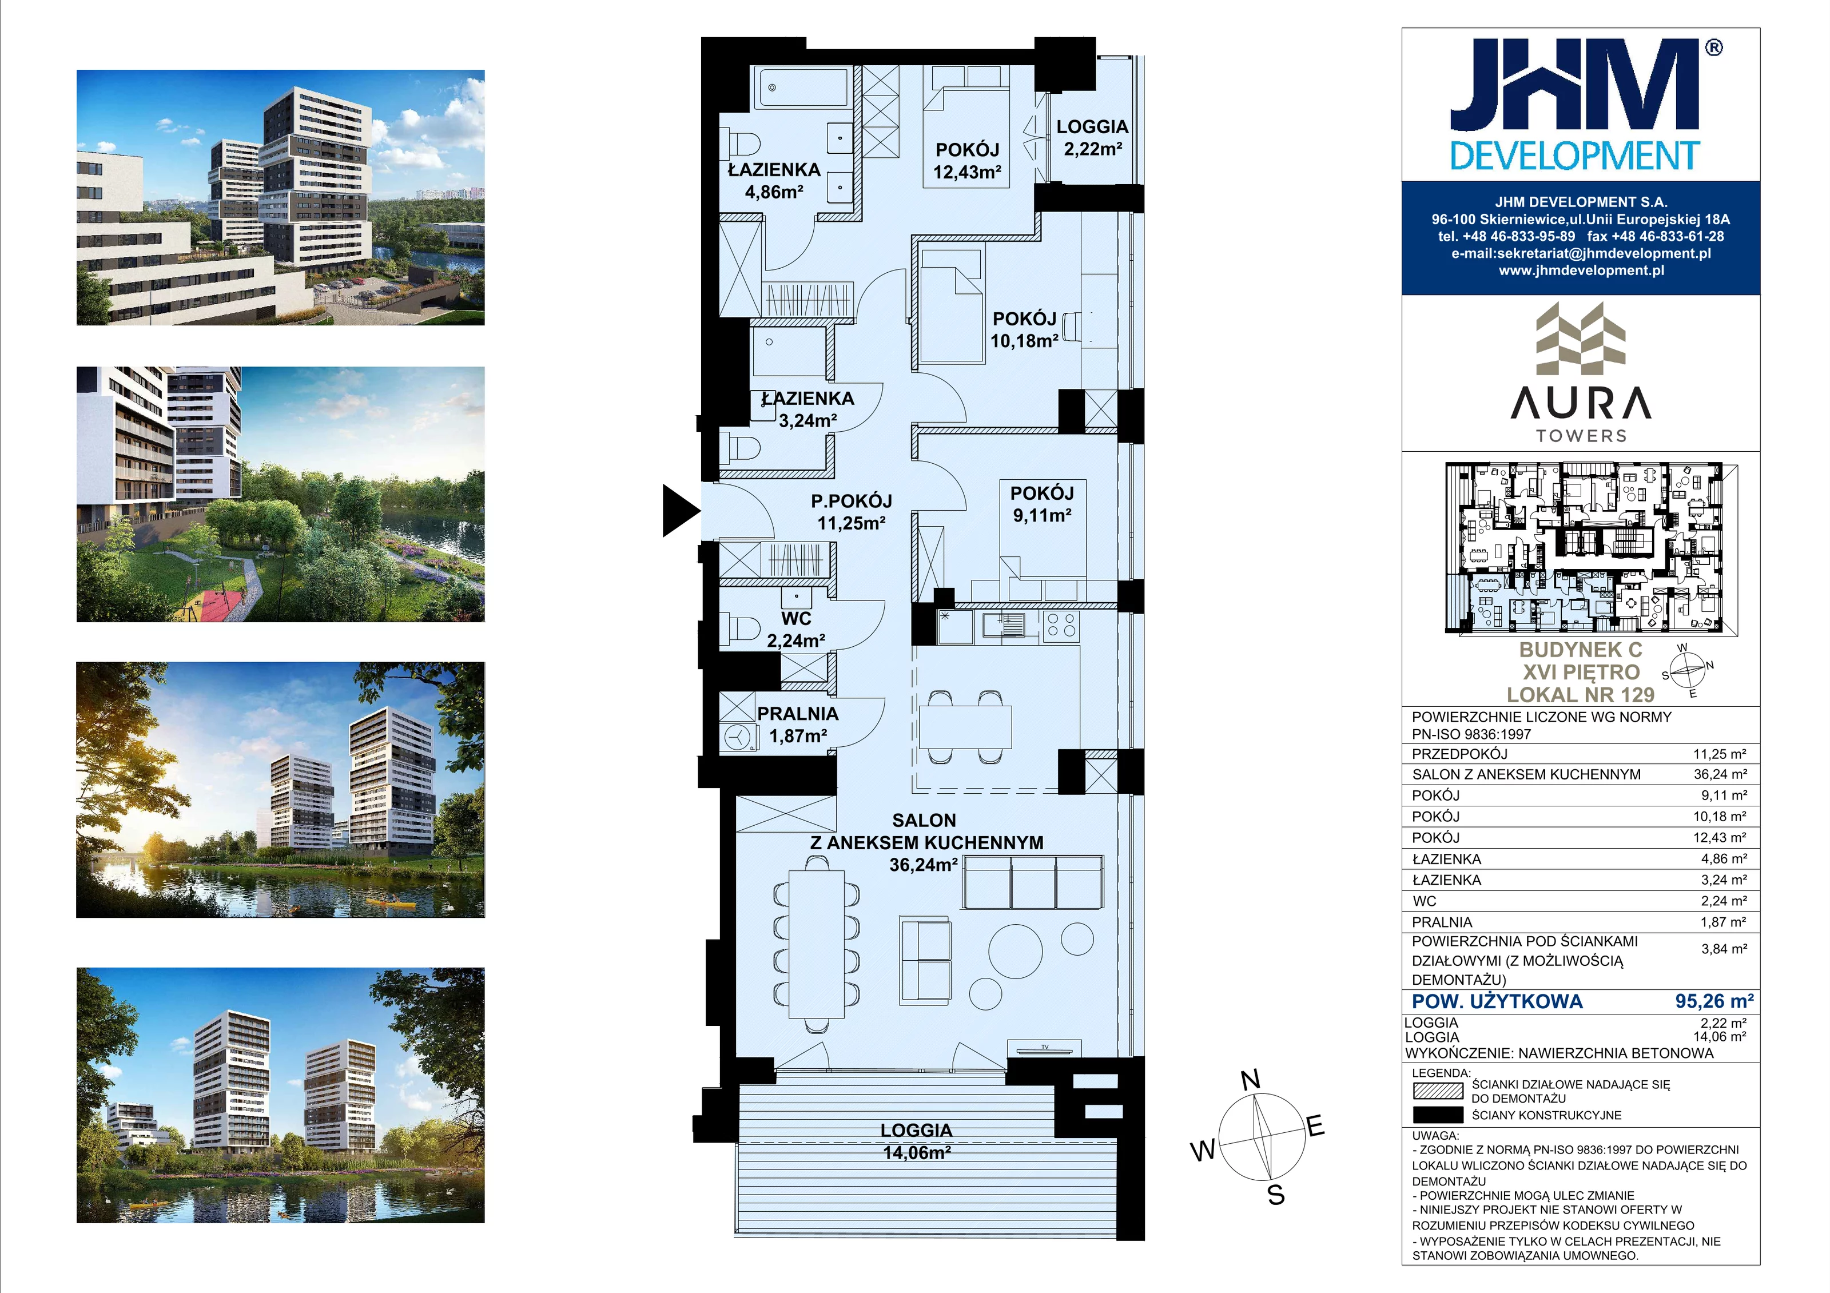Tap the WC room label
pyautogui.click(x=795, y=619)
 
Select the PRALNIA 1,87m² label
pyautogui.click(x=798, y=725)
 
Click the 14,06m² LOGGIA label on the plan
pyautogui.click(x=917, y=1141)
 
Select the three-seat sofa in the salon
pyautogui.click(x=1033, y=882)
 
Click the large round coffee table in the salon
pyautogui.click(x=1016, y=951)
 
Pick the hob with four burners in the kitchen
pyautogui.click(x=1061, y=625)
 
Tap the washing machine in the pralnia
pyautogui.click(x=738, y=738)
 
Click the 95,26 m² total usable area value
pyautogui.click(x=1714, y=1001)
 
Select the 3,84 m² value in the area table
pyautogui.click(x=1724, y=949)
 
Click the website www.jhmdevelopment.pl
pyautogui.click(x=1581, y=270)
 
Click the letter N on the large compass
pyautogui.click(x=1251, y=1080)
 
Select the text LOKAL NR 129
pyautogui.click(x=1581, y=694)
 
